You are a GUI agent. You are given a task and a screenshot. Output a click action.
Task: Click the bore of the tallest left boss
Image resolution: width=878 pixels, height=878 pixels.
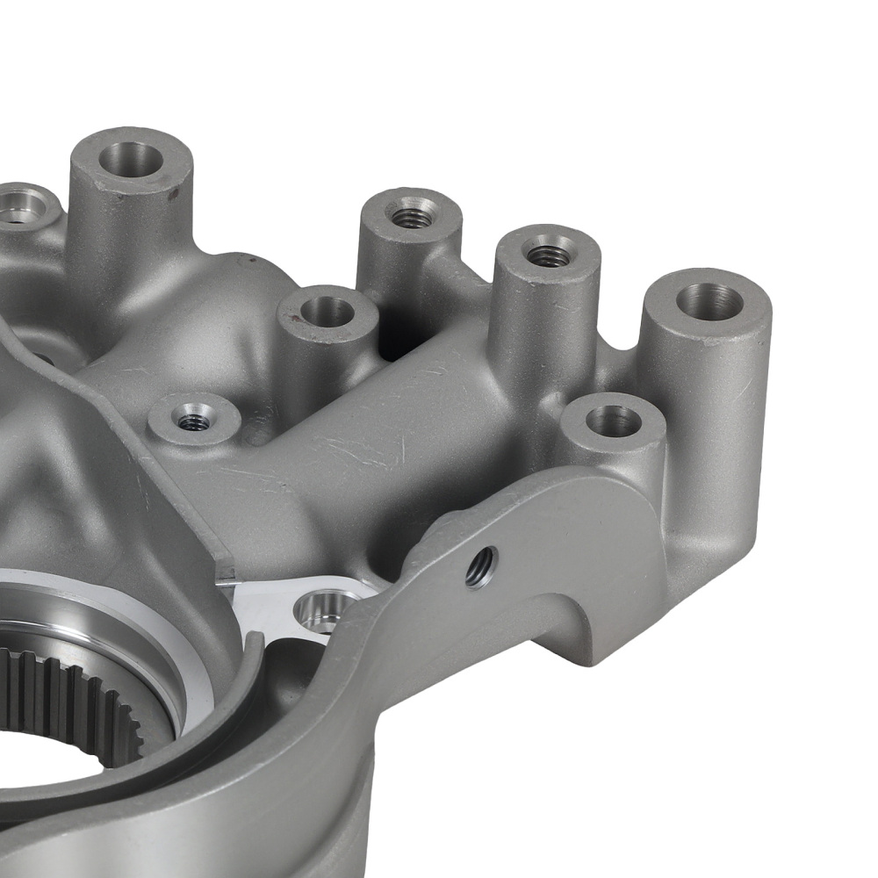click(x=131, y=159)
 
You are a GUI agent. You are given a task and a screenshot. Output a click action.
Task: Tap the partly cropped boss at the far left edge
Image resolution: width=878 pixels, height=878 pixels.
click(x=22, y=207)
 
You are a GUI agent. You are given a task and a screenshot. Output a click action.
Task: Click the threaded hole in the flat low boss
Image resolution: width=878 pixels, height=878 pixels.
click(x=194, y=421)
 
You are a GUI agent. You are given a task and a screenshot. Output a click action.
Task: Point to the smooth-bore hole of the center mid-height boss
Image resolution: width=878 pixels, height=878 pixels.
click(x=327, y=311)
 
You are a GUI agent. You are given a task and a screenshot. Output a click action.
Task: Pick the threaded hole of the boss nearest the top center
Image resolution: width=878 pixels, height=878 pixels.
click(x=411, y=213)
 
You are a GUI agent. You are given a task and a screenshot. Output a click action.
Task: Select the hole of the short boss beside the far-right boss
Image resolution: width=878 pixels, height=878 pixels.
click(x=613, y=421)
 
